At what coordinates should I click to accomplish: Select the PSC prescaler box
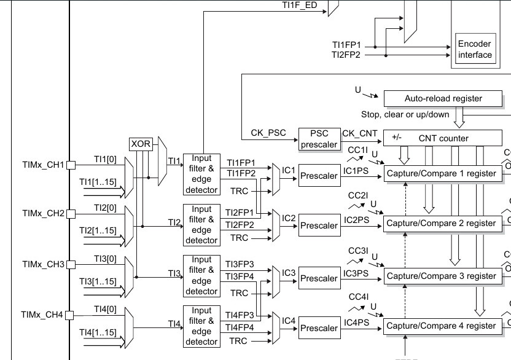point(319,139)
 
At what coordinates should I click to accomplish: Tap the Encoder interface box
point(475,49)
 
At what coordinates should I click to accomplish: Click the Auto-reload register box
point(443,98)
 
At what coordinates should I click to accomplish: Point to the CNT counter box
point(443,138)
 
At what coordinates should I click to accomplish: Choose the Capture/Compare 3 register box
point(441,276)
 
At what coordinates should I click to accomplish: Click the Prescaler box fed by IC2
point(319,226)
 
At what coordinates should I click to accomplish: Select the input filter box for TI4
point(201,326)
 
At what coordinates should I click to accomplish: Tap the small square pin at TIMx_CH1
point(71,165)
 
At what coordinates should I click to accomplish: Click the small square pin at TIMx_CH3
point(71,264)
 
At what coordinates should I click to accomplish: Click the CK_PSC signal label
point(267,133)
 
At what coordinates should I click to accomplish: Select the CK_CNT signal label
point(359,133)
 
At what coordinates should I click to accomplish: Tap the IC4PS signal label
point(356,322)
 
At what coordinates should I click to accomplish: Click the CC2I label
point(358,197)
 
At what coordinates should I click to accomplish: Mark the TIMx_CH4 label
point(42,315)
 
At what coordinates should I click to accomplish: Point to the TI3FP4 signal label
point(240,276)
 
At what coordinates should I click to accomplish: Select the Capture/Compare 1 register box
point(441,173)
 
